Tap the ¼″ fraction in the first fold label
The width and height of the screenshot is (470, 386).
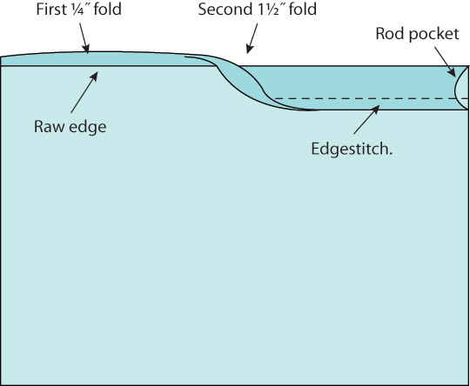click(x=76, y=10)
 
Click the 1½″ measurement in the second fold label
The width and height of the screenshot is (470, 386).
click(x=266, y=10)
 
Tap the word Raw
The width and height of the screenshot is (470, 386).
click(x=49, y=127)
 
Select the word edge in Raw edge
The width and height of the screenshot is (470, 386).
click(x=88, y=128)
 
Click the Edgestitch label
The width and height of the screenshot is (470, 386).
click(x=352, y=149)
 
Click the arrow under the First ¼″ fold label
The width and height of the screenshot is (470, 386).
click(x=84, y=38)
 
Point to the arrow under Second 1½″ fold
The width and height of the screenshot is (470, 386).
click(x=252, y=38)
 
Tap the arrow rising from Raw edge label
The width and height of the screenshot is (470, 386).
click(x=84, y=92)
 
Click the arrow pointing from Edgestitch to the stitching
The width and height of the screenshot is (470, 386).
click(x=366, y=119)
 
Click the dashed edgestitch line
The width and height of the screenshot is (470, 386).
click(x=372, y=98)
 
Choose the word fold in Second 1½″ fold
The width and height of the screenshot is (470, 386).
click(x=303, y=10)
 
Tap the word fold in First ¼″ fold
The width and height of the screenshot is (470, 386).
click(x=108, y=10)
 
